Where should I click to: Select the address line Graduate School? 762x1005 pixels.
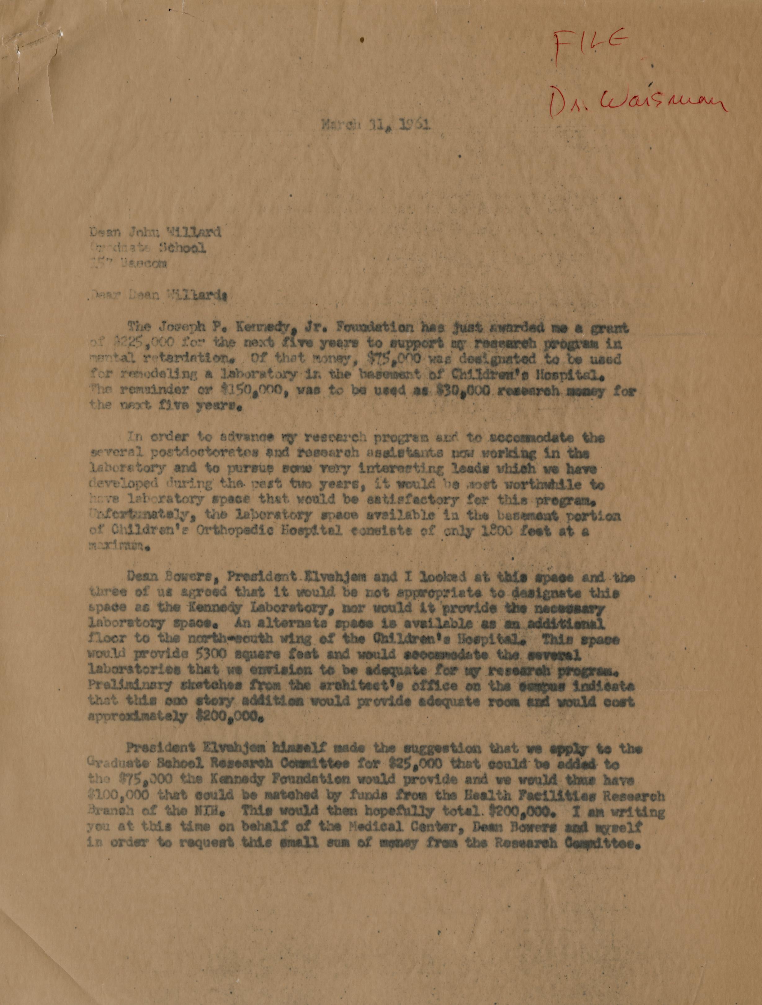tap(149, 248)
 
